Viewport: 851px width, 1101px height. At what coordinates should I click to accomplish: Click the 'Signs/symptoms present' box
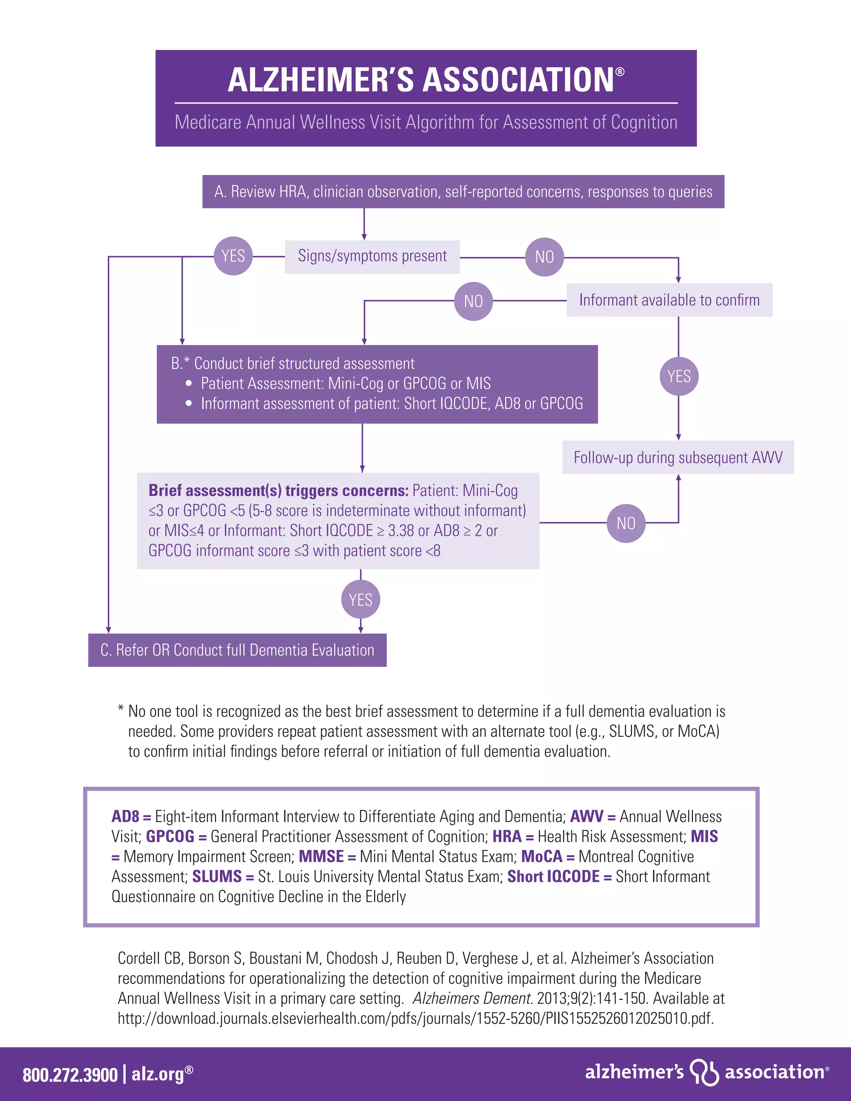(x=372, y=257)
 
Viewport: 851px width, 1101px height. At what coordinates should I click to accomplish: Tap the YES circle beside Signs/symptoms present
(x=233, y=256)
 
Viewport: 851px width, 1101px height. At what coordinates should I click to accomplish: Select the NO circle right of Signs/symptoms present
(x=544, y=257)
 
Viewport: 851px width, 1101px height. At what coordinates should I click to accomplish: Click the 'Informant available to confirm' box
(x=669, y=300)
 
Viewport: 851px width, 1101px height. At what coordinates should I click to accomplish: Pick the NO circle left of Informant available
(x=473, y=302)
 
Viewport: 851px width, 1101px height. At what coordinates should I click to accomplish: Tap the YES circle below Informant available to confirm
(x=679, y=376)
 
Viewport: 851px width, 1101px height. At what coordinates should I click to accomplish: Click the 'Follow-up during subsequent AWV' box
(x=678, y=458)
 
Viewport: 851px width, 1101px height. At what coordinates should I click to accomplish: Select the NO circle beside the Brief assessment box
(x=626, y=523)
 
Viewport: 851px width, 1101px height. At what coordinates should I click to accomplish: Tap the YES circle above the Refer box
(x=360, y=600)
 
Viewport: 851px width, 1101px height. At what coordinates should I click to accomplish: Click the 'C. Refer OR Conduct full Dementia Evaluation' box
(x=237, y=650)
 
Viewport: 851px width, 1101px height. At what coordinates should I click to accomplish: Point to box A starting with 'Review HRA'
(x=463, y=192)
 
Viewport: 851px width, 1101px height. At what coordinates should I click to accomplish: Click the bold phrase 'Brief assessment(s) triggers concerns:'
(x=278, y=491)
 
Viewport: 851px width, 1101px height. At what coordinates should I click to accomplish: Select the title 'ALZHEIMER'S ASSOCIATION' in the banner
(x=421, y=80)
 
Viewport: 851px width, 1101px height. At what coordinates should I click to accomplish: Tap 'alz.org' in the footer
(x=158, y=1074)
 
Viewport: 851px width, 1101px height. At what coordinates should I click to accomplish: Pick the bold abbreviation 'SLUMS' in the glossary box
(x=217, y=877)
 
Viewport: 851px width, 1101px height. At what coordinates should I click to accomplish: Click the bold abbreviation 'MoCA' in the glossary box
(x=541, y=857)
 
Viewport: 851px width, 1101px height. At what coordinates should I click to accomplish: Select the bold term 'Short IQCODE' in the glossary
(x=553, y=877)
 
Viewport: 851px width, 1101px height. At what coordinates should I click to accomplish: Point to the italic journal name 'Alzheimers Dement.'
(x=472, y=998)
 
